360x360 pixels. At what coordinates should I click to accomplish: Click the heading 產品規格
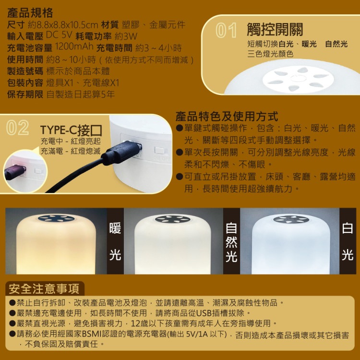click(30, 13)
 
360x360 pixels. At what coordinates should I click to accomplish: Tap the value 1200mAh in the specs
click(74, 47)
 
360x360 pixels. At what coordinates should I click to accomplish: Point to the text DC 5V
click(59, 35)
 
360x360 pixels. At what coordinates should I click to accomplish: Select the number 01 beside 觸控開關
click(226, 30)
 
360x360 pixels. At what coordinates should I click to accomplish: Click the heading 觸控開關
click(275, 29)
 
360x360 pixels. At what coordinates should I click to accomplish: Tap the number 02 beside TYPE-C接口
click(18, 128)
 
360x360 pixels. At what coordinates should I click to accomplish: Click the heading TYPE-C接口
click(71, 130)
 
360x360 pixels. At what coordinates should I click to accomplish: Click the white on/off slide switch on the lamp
click(159, 151)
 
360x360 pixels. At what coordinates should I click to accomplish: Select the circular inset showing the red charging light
click(25, 171)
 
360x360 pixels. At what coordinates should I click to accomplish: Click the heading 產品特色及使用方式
click(227, 117)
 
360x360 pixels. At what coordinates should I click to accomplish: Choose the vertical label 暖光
click(115, 241)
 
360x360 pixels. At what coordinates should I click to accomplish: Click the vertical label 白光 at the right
click(348, 241)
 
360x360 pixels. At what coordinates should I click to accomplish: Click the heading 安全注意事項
click(44, 289)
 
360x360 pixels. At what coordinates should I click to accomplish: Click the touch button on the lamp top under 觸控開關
click(298, 78)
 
